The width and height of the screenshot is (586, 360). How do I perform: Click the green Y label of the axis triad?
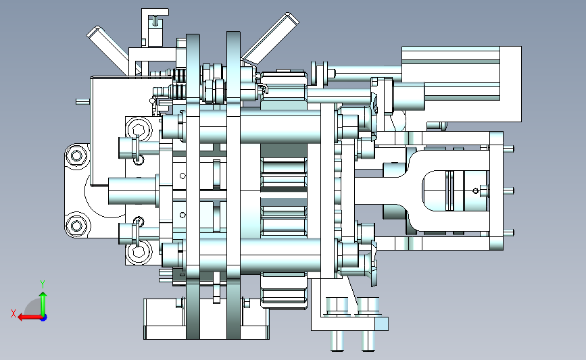[x=43, y=284]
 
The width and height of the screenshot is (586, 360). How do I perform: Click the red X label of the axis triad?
[x=14, y=313]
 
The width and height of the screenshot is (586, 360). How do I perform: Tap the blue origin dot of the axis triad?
[x=44, y=317]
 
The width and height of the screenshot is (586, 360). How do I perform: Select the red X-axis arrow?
[x=30, y=317]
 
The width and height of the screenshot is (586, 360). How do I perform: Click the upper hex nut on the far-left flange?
[x=76, y=155]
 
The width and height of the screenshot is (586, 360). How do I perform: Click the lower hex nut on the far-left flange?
[x=76, y=226]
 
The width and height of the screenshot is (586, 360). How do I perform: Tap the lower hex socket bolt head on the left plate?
[x=139, y=252]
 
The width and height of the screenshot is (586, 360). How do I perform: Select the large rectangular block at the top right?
[x=462, y=84]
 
